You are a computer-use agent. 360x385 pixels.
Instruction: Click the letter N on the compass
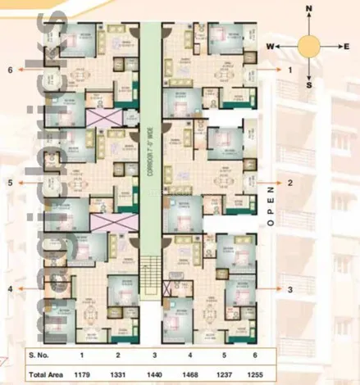click(309, 10)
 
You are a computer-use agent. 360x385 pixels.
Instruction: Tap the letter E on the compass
click(347, 48)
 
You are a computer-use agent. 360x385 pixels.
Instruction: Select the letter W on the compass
click(268, 47)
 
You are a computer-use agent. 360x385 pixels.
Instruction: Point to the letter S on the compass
click(309, 84)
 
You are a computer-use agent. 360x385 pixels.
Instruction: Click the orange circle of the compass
click(309, 47)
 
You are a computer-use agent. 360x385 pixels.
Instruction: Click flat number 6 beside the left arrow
click(9, 70)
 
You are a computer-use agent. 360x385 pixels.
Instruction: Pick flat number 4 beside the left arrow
click(9, 289)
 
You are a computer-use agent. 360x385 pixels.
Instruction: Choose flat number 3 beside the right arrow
click(289, 289)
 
